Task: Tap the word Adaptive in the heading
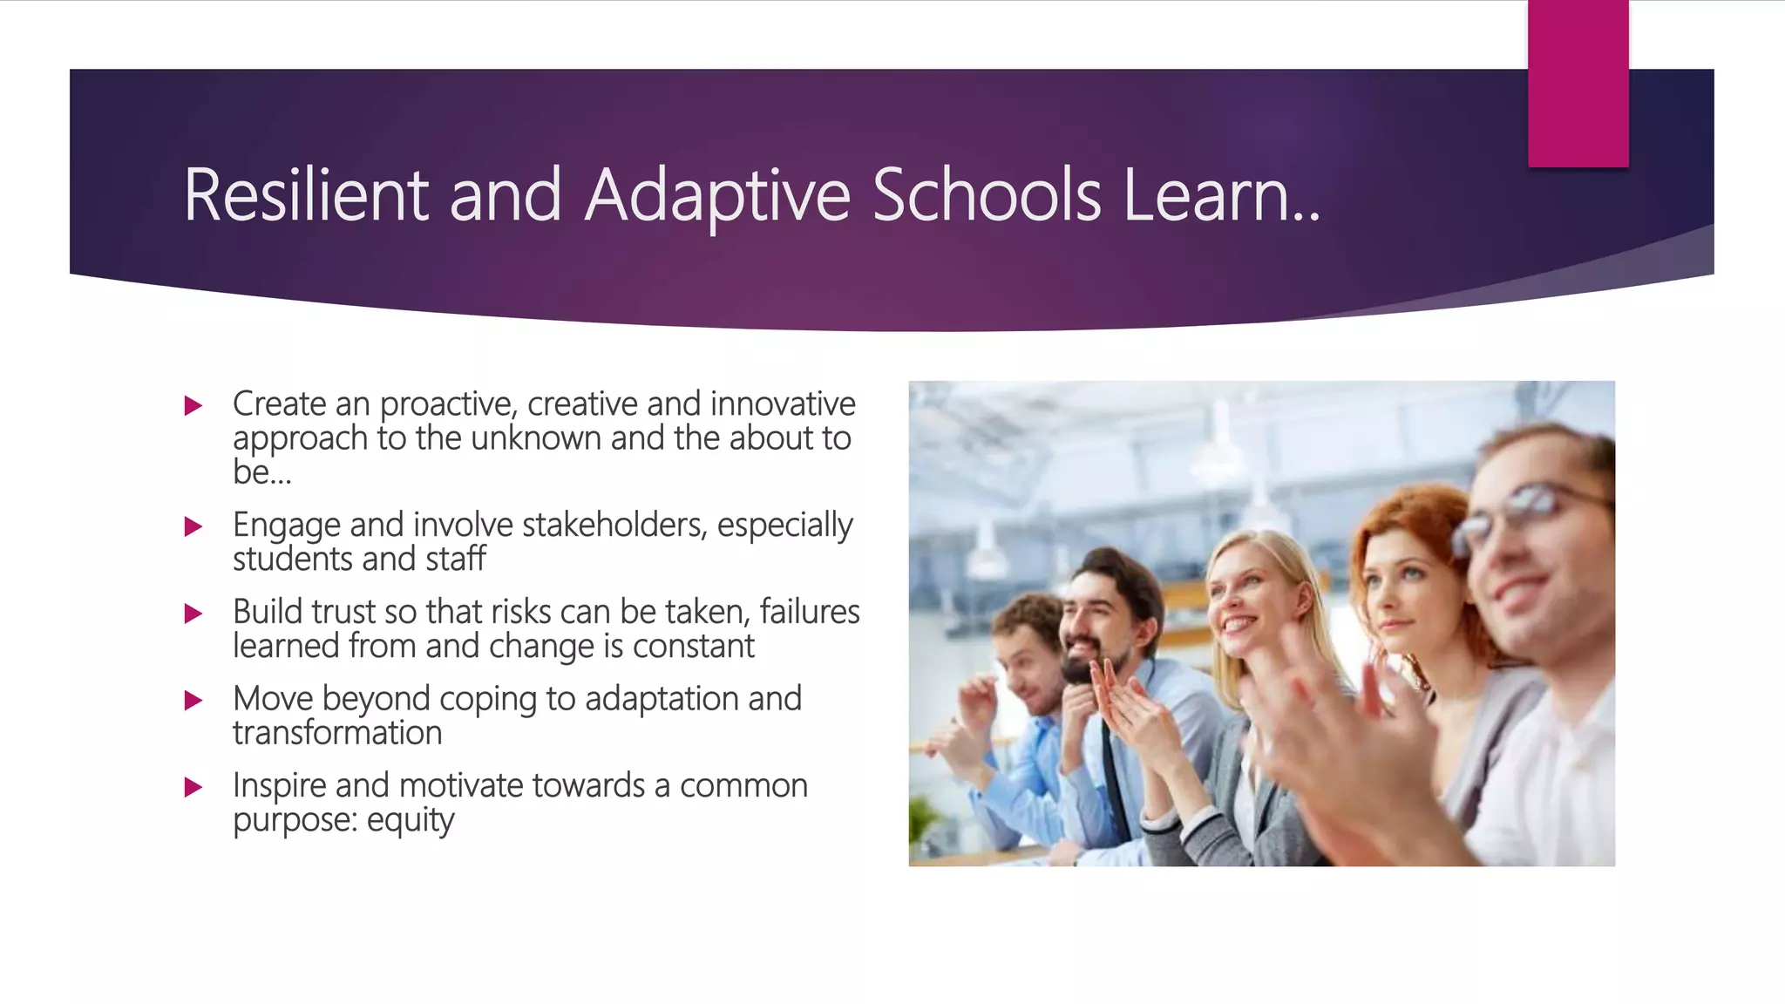point(716,195)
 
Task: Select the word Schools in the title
point(987,195)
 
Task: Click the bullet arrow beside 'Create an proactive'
point(193,405)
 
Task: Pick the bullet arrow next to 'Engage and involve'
point(193,526)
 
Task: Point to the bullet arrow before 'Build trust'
point(193,614)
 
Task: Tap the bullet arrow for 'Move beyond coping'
point(193,701)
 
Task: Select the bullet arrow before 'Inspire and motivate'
point(193,788)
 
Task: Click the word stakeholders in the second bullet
point(614,526)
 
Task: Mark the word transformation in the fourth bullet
point(337,733)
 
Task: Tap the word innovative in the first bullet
point(782,404)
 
